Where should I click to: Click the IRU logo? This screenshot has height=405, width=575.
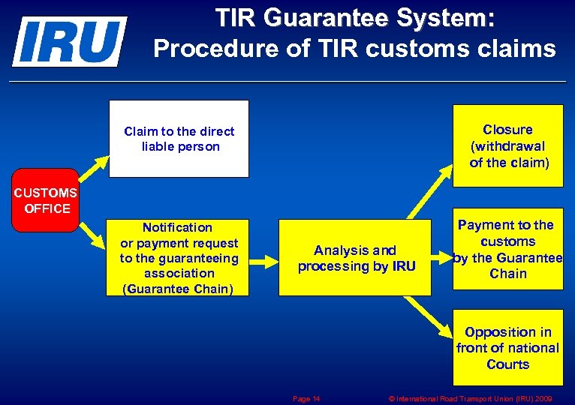tap(69, 41)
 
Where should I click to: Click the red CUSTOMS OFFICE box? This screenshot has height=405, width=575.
tap(46, 200)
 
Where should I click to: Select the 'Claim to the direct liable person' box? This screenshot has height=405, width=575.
tap(179, 139)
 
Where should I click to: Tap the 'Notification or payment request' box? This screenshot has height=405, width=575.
tap(179, 258)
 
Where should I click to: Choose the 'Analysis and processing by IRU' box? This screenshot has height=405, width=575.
tap(356, 258)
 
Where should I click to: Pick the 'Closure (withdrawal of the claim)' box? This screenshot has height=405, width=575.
tap(507, 145)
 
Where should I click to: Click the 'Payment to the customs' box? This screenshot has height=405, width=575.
tap(507, 249)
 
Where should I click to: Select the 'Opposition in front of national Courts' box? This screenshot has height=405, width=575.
tap(507, 348)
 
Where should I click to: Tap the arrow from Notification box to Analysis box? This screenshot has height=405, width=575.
tap(264, 258)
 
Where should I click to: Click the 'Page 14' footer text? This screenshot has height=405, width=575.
tap(306, 399)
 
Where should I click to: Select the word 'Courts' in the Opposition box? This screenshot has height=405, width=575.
tap(507, 364)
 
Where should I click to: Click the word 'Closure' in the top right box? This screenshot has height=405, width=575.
tap(507, 130)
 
